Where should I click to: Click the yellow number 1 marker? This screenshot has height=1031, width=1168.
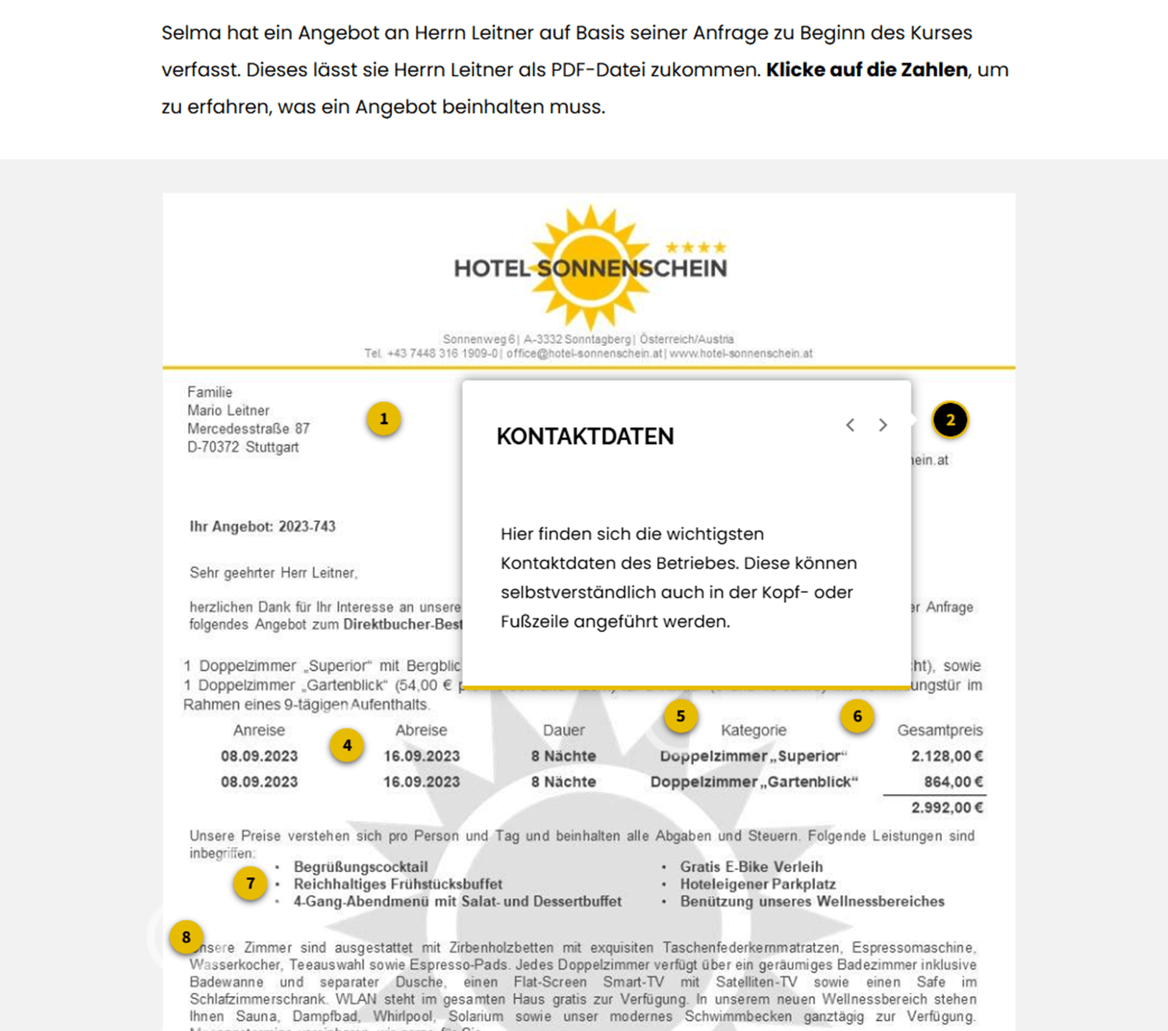384,420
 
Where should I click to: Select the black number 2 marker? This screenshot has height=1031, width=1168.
950,420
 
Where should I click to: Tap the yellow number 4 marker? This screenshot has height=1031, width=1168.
347,746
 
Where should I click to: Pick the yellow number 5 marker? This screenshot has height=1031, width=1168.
681,716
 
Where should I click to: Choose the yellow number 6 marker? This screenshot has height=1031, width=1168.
857,716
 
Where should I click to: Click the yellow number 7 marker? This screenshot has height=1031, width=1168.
250,884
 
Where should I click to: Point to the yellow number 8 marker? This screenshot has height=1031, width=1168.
186,937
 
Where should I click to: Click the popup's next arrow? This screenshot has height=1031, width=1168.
882,425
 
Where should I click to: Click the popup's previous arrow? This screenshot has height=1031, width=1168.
850,425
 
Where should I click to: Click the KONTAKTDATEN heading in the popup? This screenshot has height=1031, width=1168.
585,437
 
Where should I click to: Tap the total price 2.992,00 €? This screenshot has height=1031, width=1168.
946,808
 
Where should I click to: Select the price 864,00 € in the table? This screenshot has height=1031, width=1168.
953,782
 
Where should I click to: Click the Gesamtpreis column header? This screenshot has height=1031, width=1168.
939,730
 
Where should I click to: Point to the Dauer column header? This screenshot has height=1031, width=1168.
563,730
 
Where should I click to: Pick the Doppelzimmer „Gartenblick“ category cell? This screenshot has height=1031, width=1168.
754,782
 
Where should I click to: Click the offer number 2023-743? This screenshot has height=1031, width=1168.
307,527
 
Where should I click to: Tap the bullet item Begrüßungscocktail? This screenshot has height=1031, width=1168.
361,867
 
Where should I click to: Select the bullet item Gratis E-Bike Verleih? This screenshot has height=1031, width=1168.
751,867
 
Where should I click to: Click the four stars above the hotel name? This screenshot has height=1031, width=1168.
696,248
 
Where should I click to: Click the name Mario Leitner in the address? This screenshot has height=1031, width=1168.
228,411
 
